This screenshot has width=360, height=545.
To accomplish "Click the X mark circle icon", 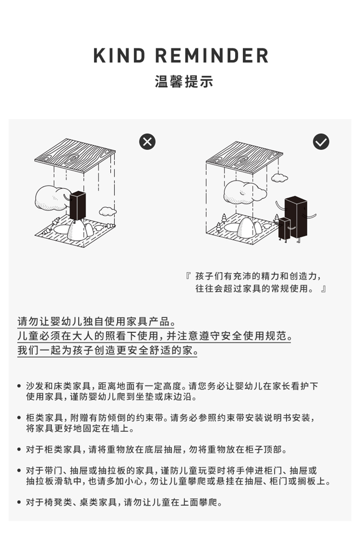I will pyautogui.click(x=147, y=142).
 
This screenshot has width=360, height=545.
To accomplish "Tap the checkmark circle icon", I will pyautogui.click(x=321, y=142).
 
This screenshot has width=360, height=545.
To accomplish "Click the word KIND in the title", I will pyautogui.click(x=120, y=56).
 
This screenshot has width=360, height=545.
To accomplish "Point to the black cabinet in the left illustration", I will pyautogui.click(x=78, y=205).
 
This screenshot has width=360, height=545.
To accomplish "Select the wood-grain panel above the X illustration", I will pyautogui.click(x=75, y=155).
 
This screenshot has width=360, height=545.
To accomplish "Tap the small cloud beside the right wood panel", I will pyautogui.click(x=279, y=176).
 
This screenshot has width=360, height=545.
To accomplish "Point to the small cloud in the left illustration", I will pyautogui.click(x=108, y=211).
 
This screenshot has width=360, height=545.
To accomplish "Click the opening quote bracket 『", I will pyautogui.click(x=189, y=277).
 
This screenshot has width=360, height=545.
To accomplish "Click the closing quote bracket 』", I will pyautogui.click(x=323, y=288).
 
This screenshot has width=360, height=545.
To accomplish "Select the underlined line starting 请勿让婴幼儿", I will pyautogui.click(x=96, y=321).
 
